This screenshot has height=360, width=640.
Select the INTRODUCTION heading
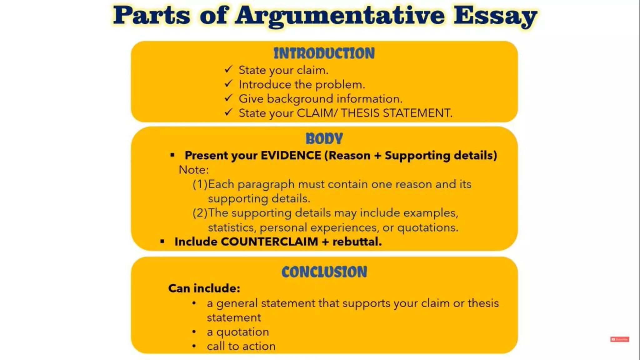tap(324, 53)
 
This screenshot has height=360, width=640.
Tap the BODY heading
tap(324, 139)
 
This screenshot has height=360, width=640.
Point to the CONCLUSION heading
tap(324, 272)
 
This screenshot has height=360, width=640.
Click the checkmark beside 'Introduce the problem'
tap(228, 84)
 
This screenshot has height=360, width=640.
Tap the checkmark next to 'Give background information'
tap(228, 98)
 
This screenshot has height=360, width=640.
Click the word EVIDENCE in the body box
tap(291, 155)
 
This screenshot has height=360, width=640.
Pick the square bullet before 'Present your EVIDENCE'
tap(172, 155)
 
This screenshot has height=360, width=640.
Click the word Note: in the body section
tap(193, 170)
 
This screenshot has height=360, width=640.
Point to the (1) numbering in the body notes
tap(200, 184)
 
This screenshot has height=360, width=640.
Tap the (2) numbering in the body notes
tap(200, 213)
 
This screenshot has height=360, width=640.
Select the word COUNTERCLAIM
tap(269, 242)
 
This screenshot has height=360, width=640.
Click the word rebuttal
tap(357, 242)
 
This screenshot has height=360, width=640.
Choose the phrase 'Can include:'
tap(204, 288)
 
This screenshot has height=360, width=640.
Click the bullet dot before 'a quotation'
tap(194, 332)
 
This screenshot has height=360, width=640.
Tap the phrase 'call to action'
tap(241, 346)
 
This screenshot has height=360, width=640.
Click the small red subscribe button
tap(619, 339)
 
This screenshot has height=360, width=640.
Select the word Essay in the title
tap(495, 16)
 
